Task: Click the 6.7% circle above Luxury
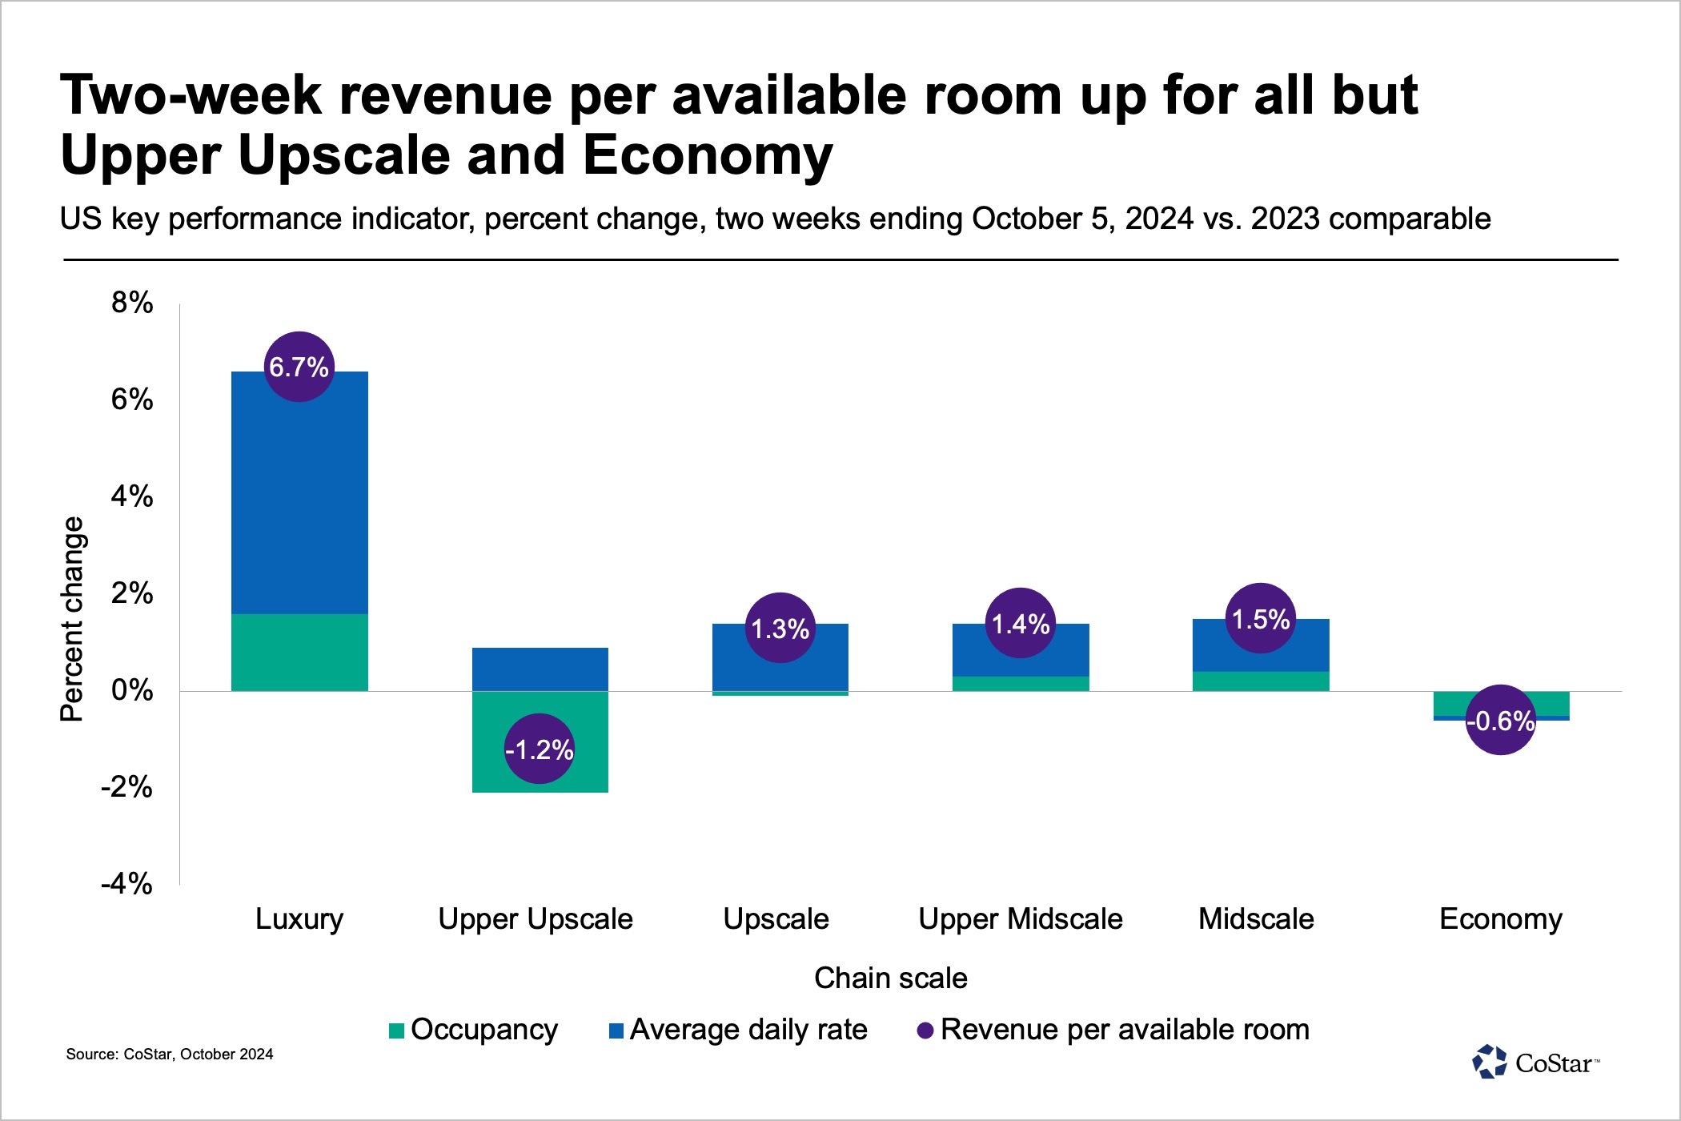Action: [x=299, y=367]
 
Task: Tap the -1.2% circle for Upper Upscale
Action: [x=540, y=749]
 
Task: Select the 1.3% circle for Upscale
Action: [x=780, y=629]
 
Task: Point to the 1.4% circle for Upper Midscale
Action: [x=1021, y=624]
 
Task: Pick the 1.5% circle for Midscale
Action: [x=1261, y=619]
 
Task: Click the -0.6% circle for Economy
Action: [x=1501, y=721]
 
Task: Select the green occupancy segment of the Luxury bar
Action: [x=299, y=653]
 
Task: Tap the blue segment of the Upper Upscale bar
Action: [x=540, y=669]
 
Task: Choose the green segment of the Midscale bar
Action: [x=1261, y=681]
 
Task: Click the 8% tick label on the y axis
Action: [x=132, y=303]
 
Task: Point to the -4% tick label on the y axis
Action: [x=126, y=884]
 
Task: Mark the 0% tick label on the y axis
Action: [x=132, y=690]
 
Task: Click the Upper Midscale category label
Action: [x=1021, y=919]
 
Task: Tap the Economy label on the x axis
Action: [x=1501, y=919]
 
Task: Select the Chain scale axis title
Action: [x=890, y=978]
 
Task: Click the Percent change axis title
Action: [x=72, y=619]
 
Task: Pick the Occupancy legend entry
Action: [x=474, y=1030]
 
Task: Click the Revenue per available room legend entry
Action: [x=1113, y=1030]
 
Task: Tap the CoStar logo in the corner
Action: [x=1535, y=1063]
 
